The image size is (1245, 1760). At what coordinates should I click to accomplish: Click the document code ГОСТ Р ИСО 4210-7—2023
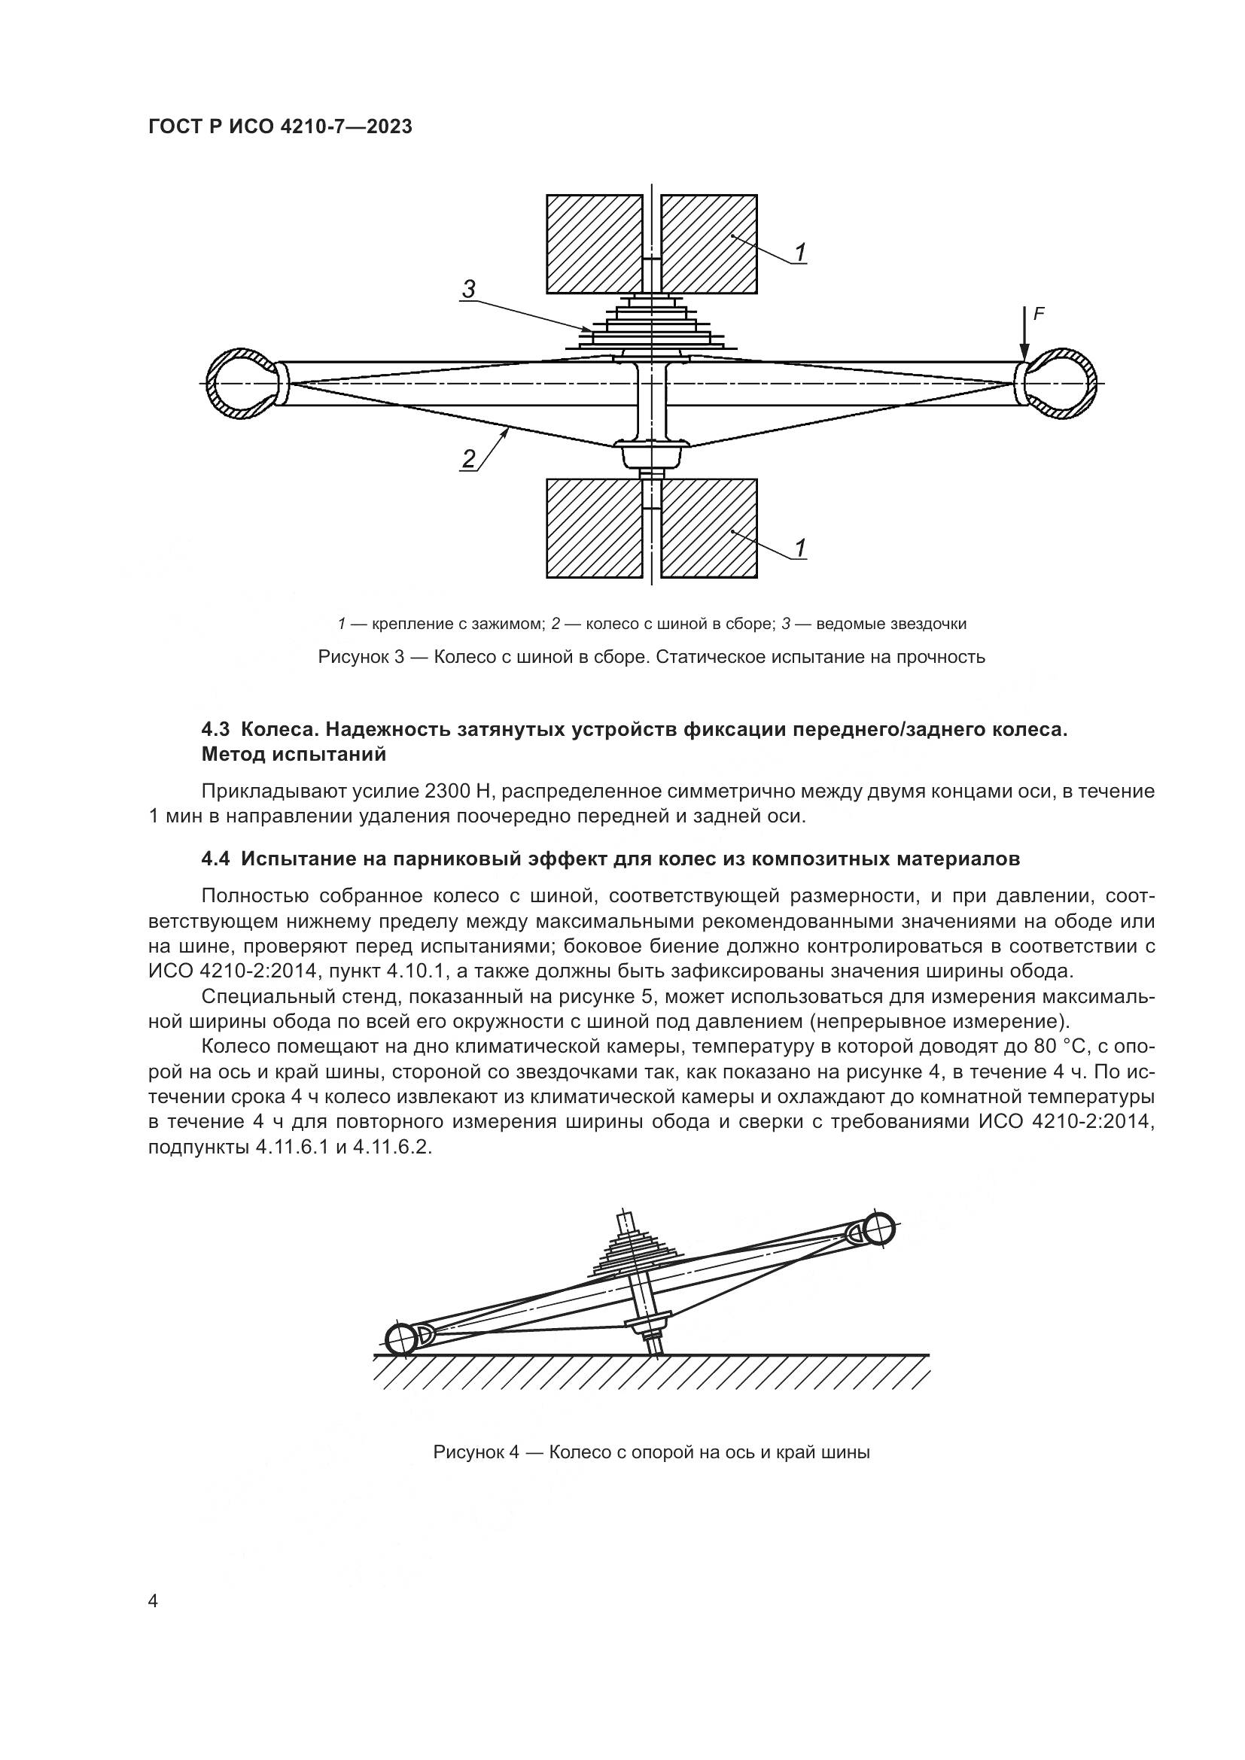(x=280, y=126)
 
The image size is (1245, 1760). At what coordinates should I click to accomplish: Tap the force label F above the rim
(x=1039, y=314)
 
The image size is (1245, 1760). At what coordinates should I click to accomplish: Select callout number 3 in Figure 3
(x=468, y=289)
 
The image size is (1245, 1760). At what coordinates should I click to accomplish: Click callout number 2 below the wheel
(x=468, y=459)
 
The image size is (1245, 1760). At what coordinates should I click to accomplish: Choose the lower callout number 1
(x=799, y=547)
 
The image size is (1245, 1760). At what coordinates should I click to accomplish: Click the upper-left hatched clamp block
(x=594, y=244)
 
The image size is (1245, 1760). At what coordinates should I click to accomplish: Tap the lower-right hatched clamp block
(x=708, y=528)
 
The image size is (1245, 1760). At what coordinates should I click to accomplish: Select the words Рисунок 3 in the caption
(x=361, y=657)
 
